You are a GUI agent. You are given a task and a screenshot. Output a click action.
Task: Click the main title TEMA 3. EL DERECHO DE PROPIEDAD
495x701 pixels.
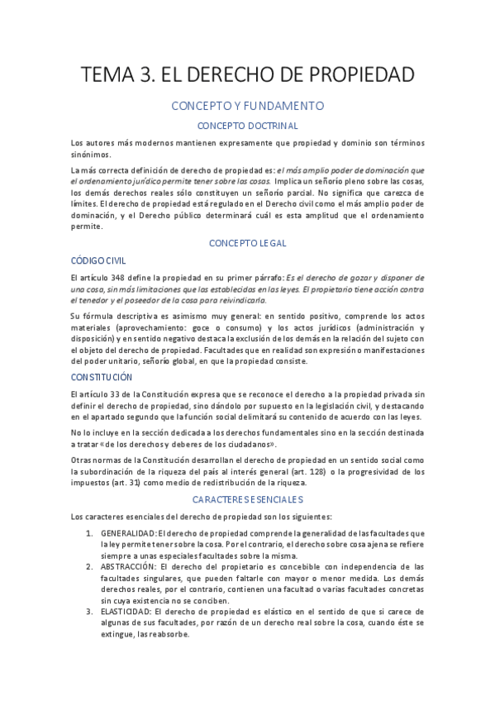(x=247, y=75)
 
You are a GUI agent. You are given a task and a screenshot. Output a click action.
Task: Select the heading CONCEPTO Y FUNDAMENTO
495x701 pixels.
(x=247, y=106)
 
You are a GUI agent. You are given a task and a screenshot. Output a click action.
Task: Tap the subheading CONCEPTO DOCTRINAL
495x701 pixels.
(x=247, y=126)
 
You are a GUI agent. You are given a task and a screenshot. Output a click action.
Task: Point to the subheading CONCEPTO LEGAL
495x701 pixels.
(x=247, y=243)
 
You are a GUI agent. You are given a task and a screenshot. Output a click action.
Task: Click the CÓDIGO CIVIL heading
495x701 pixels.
(x=98, y=260)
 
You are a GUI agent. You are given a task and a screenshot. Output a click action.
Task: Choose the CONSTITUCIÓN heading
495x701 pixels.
(x=102, y=377)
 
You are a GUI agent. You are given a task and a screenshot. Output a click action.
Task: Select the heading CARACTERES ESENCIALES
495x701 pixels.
(x=247, y=499)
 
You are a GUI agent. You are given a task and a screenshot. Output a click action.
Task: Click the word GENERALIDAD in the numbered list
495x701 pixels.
(x=127, y=532)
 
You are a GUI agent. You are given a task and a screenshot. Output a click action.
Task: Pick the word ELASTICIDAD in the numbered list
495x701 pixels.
(x=126, y=612)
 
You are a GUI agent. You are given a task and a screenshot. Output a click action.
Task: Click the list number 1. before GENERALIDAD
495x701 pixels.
(x=90, y=532)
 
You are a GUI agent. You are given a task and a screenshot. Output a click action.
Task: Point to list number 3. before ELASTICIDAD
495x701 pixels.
(x=90, y=612)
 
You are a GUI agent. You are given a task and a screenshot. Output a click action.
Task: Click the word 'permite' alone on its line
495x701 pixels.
(x=87, y=225)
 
